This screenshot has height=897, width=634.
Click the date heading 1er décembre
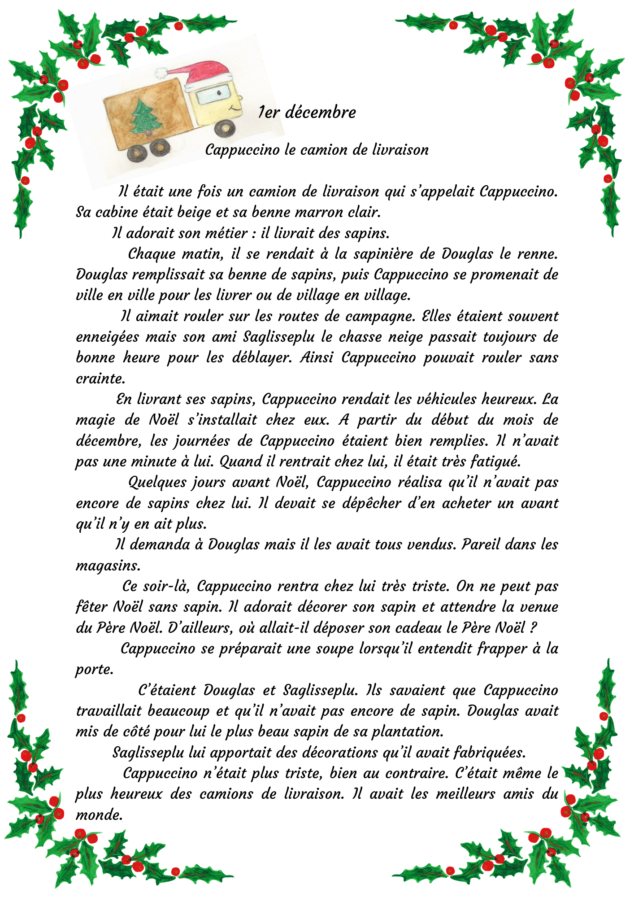click(x=307, y=112)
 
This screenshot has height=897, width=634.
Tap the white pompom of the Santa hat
click(x=161, y=72)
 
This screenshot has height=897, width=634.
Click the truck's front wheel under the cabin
click(x=224, y=128)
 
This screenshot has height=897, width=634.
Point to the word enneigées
click(x=107, y=337)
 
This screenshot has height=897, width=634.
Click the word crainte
click(x=99, y=379)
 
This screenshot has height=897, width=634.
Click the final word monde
click(x=98, y=815)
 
